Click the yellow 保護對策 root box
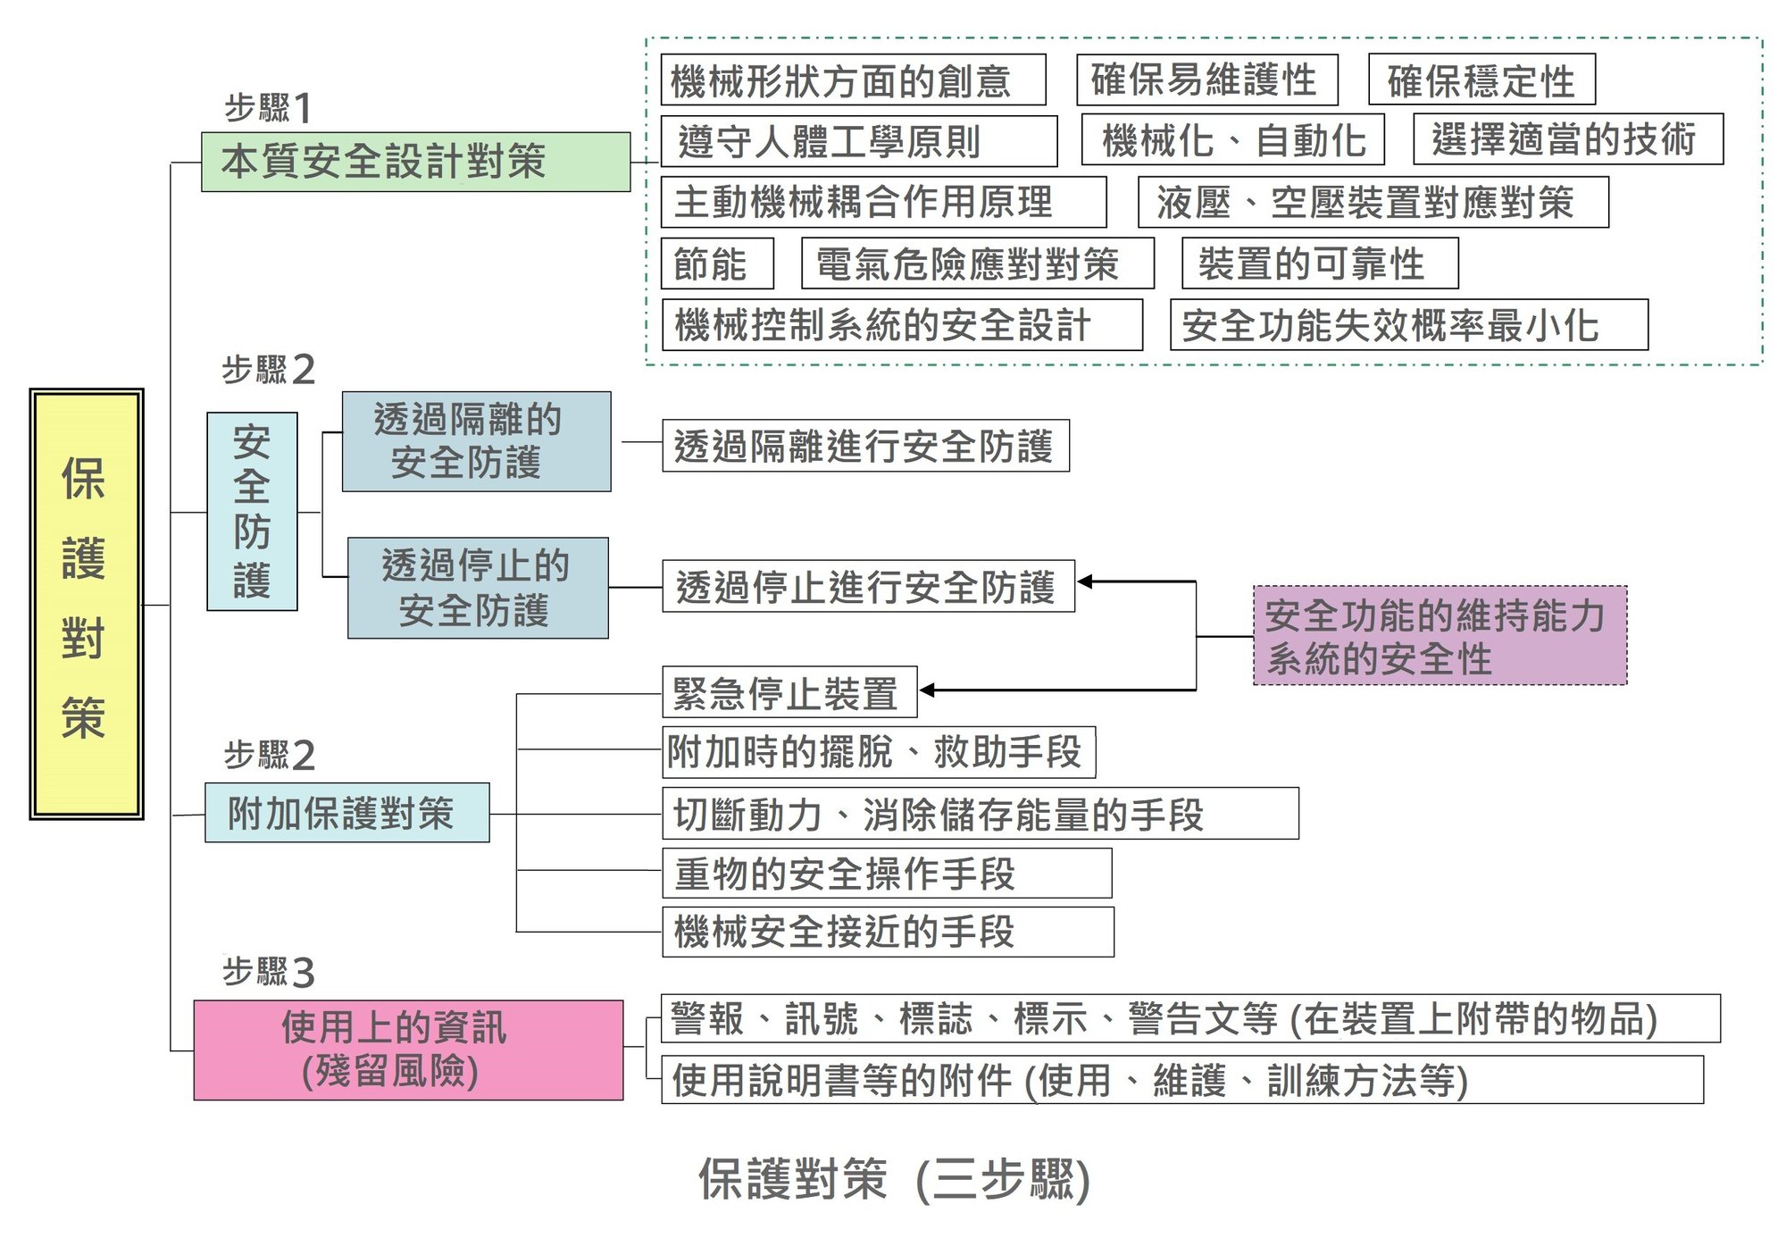[87, 604]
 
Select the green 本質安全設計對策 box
[415, 162]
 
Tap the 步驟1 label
[267, 108]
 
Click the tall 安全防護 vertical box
[252, 511]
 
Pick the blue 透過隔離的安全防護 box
[476, 441]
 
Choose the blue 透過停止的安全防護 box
[478, 588]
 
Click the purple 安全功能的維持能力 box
[1440, 635]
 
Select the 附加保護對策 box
[346, 813]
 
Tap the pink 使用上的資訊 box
[408, 1050]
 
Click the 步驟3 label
[268, 972]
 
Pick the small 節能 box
[717, 263]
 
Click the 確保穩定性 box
[1481, 80]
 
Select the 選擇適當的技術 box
[1567, 139]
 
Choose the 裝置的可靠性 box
[1319, 263]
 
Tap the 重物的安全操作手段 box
[887, 874]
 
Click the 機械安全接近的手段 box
[888, 932]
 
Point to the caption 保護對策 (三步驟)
[893, 1179]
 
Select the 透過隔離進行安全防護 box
[865, 446]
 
